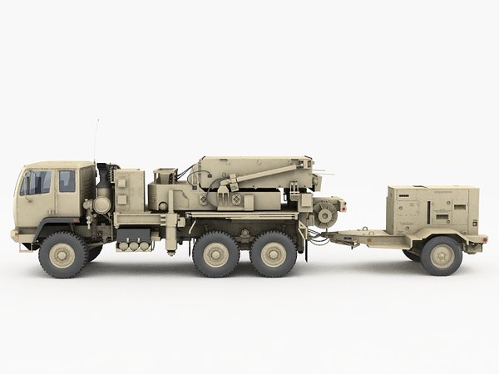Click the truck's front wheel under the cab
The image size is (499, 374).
click(62, 254)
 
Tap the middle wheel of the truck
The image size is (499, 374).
click(216, 253)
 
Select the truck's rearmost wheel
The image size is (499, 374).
click(274, 253)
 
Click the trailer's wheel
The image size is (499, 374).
click(441, 255)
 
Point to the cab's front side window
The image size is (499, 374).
click(36, 183)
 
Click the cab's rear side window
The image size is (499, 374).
click(67, 181)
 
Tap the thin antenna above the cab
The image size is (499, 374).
click(96, 141)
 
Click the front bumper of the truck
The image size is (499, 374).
click(15, 236)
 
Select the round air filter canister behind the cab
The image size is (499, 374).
click(102, 204)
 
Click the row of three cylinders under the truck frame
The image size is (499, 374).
click(134, 246)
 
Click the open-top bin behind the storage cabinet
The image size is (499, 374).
click(165, 175)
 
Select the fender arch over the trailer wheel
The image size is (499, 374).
click(441, 236)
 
